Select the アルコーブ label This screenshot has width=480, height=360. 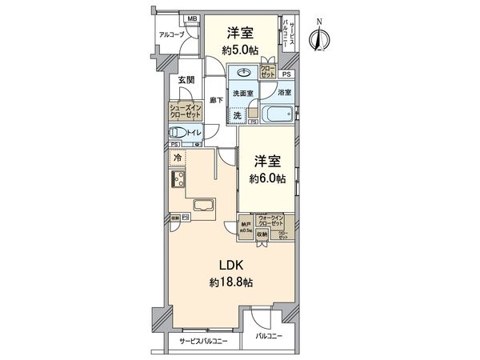(x=170, y=35)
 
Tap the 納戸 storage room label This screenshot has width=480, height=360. (x=246, y=226)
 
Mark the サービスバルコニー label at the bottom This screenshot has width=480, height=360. (x=202, y=341)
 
